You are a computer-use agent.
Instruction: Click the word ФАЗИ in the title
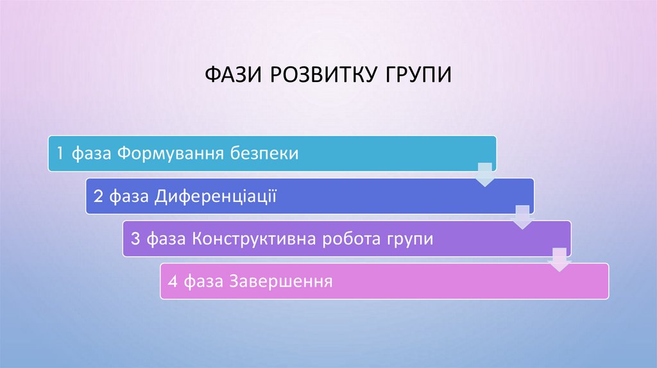pyautogui.click(x=234, y=74)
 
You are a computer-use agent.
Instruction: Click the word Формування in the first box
pyautogui.click(x=170, y=153)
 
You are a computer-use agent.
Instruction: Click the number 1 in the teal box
pyautogui.click(x=59, y=153)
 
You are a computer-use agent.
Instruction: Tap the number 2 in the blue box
pyautogui.click(x=98, y=196)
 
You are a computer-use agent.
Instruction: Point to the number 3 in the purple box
pyautogui.click(x=135, y=239)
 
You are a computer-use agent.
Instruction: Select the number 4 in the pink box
pyautogui.click(x=172, y=281)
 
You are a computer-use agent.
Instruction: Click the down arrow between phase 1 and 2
pyautogui.click(x=486, y=175)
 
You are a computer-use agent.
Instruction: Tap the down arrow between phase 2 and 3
pyautogui.click(x=523, y=218)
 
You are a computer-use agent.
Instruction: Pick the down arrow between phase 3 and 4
pyautogui.click(x=559, y=260)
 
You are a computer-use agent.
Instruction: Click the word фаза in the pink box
pyautogui.click(x=200, y=281)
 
